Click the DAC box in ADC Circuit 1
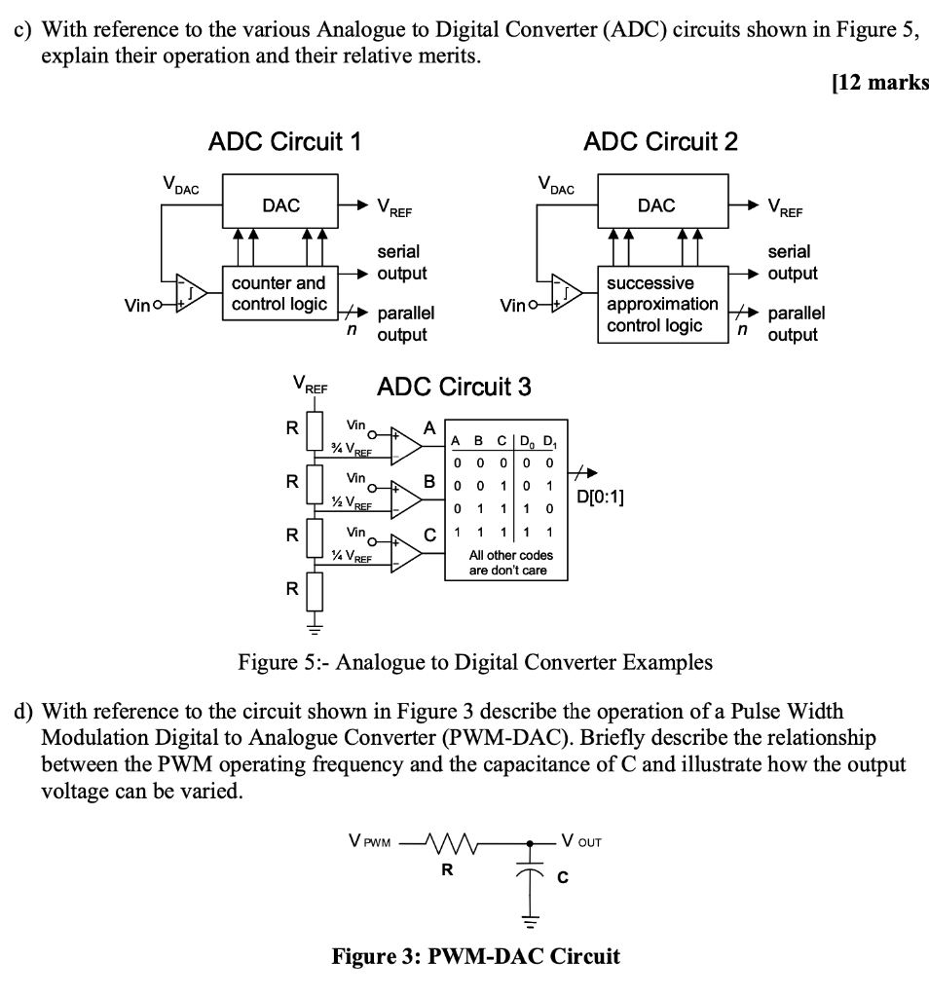tap(281, 205)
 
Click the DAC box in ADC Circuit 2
tap(656, 205)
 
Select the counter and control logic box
tap(278, 293)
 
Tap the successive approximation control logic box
tap(662, 304)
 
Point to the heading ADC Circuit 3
tap(454, 388)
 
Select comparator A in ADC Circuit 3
tap(407, 443)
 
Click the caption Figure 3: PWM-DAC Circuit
tap(475, 956)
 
